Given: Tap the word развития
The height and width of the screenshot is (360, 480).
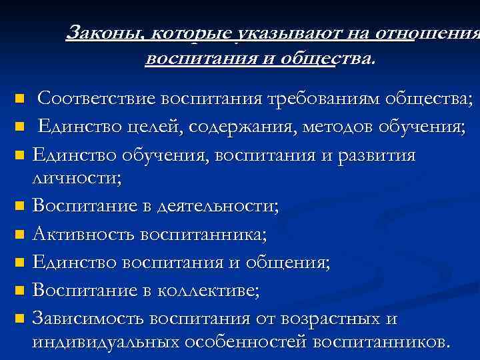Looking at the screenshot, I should click(x=376, y=155).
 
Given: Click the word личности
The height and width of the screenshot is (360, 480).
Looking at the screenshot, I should click(x=77, y=177).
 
